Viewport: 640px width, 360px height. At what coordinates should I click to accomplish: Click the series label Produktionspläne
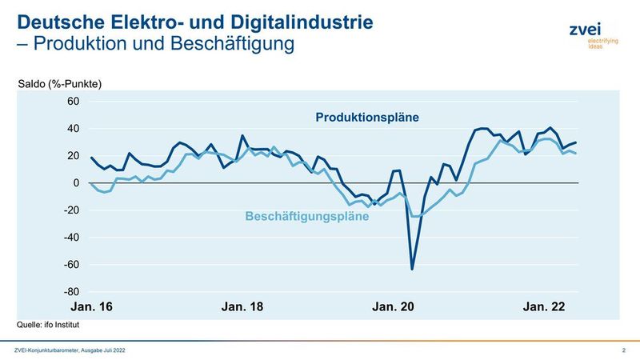(367, 118)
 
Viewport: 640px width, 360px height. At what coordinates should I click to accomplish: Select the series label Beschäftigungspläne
(306, 216)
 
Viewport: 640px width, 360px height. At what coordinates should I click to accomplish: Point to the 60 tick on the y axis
(73, 102)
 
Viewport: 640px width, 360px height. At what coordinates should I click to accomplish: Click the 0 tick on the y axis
(76, 183)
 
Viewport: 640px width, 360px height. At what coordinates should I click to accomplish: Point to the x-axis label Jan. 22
(544, 307)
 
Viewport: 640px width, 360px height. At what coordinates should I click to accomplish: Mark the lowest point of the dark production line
(413, 269)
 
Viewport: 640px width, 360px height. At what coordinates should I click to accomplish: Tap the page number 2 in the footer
(622, 350)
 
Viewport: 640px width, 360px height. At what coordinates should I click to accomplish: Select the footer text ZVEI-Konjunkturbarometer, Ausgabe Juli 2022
(70, 350)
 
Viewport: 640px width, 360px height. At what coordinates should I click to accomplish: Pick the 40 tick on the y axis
(73, 129)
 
